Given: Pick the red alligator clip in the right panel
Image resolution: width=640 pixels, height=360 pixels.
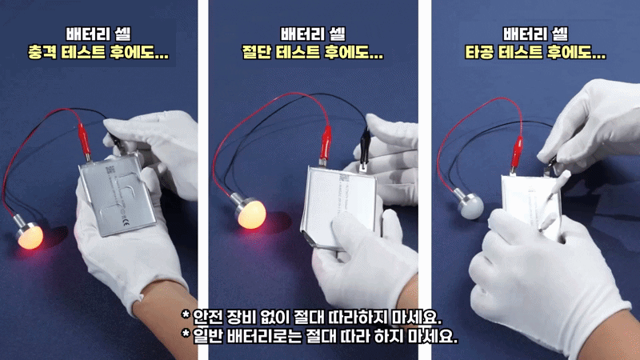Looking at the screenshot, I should coord(518,149).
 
